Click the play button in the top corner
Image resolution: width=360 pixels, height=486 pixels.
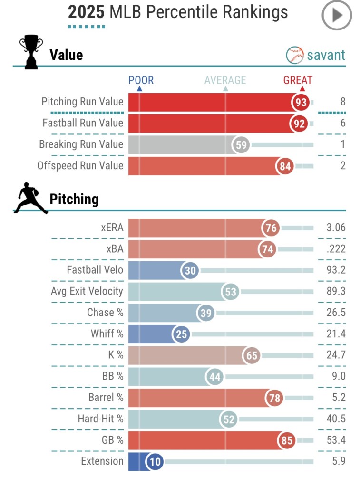(337, 16)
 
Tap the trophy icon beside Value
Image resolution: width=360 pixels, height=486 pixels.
(30, 53)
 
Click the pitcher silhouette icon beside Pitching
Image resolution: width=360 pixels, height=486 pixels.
(31, 199)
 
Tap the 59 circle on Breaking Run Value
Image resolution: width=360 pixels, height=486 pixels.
(242, 144)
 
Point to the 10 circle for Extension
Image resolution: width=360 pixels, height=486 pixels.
(155, 461)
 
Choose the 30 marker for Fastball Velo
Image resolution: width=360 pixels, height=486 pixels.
(190, 270)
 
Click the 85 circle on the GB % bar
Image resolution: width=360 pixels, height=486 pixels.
(287, 440)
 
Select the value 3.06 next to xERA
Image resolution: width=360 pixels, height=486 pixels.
(335, 228)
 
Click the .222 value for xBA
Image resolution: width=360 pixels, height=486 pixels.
(335, 249)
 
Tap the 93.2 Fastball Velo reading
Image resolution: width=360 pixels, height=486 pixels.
(336, 270)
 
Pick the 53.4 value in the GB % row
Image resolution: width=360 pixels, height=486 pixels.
(336, 440)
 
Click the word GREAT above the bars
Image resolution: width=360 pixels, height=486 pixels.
(298, 80)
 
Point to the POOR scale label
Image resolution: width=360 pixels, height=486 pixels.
(141, 80)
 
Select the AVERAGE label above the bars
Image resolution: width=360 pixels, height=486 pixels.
(225, 80)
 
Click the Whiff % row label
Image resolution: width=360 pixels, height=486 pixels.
(107, 334)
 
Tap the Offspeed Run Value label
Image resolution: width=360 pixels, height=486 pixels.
(80, 166)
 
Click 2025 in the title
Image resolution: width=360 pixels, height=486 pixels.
(86, 12)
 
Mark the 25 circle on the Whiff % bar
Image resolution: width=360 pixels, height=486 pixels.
(181, 334)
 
